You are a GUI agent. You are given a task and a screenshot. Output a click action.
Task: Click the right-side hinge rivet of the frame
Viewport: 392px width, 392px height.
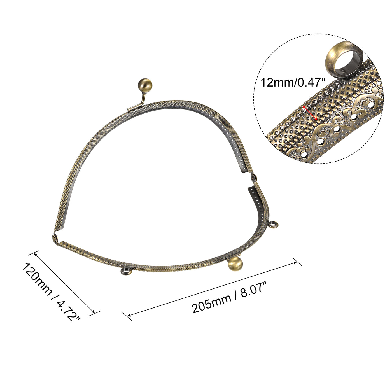pos(254,177)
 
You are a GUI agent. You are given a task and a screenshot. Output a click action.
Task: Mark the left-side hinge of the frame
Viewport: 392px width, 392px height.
pos(54,239)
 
